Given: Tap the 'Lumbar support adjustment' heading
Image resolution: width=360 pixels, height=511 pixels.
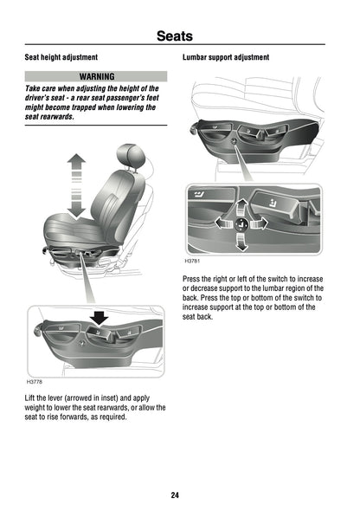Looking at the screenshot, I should click(x=226, y=57).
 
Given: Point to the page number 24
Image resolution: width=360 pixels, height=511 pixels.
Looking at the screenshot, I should click(x=175, y=495).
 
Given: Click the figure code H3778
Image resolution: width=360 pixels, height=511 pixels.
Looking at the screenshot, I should click(x=35, y=381).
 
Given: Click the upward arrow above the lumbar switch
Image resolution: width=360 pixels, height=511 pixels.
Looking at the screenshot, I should click(x=243, y=206).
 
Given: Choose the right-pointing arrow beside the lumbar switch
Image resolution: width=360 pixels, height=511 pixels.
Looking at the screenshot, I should click(x=260, y=224).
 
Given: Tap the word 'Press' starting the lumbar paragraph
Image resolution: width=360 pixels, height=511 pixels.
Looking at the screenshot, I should click(x=193, y=278).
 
